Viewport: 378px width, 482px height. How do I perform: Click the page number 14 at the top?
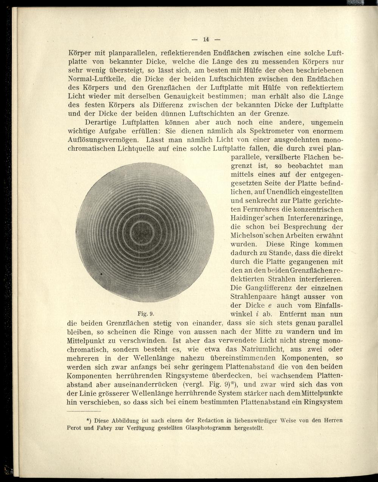[206, 39]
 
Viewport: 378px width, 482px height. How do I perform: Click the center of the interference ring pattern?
[145, 231]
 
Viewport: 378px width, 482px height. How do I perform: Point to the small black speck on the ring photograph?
[101, 273]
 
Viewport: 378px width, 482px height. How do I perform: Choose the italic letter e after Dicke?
[270, 305]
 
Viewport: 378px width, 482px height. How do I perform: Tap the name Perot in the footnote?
[74, 428]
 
